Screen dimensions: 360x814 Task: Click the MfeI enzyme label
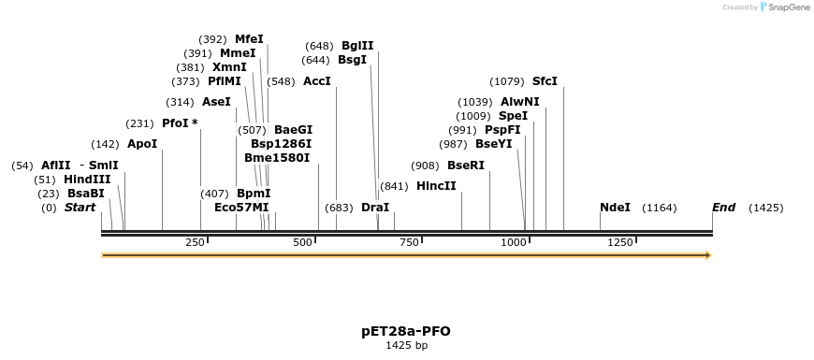(249, 39)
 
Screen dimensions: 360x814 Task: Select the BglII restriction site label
(357, 46)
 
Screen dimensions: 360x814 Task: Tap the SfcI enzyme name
(545, 81)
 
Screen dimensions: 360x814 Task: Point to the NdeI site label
(615, 208)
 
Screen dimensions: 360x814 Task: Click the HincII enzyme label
(436, 186)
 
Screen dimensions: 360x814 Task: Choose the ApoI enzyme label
(142, 144)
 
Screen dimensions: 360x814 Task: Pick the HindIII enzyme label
(87, 180)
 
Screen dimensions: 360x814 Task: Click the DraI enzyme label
(374, 208)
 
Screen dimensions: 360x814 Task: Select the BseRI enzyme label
(466, 166)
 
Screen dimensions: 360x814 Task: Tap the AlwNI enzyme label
(519, 102)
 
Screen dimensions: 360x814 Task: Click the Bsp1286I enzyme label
(281, 144)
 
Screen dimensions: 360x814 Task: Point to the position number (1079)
(507, 81)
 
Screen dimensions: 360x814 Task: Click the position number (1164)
(659, 208)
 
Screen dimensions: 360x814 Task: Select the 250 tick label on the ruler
(195, 243)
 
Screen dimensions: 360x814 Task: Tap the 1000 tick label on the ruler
(514, 243)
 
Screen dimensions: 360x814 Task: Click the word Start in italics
(80, 208)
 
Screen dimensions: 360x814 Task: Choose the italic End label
(723, 208)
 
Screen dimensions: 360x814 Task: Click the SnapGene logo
(787, 7)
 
